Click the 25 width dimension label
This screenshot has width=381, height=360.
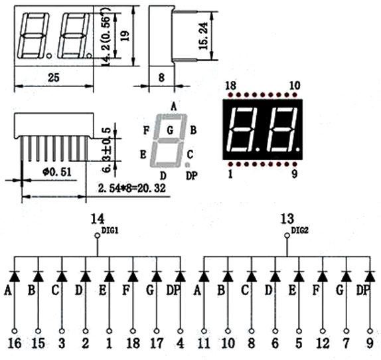tap(54, 78)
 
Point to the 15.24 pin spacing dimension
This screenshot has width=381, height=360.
tap(203, 36)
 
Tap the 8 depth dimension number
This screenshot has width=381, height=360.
tap(161, 78)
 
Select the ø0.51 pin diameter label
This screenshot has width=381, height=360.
tap(57, 172)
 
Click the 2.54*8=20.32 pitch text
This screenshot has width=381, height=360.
tap(131, 188)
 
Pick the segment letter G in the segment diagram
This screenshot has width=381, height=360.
tap(170, 130)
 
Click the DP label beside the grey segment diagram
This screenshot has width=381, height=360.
tap(192, 175)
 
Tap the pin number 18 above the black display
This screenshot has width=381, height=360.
tap(230, 86)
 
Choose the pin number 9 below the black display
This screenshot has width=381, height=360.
tap(295, 173)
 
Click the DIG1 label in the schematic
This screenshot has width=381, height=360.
tap(110, 230)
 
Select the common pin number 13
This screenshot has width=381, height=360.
tap(287, 219)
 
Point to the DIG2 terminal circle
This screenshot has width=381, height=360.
tap(287, 236)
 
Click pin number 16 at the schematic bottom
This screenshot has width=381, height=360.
tap(15, 343)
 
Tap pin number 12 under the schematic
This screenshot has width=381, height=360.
tap(323, 343)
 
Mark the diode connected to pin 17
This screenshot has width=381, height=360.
tap(157, 276)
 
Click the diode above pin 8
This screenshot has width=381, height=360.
tap(252, 276)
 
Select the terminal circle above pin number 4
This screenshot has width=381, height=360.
tap(181, 331)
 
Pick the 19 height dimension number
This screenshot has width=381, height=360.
tap(125, 36)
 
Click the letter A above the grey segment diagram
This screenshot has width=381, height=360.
tap(173, 106)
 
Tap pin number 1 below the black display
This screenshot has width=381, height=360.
tap(230, 173)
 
